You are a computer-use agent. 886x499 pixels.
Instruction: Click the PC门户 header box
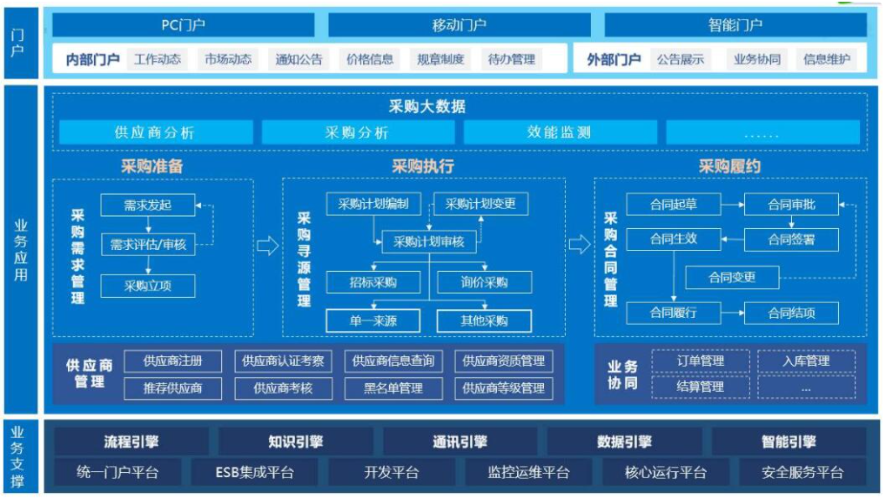click(x=183, y=25)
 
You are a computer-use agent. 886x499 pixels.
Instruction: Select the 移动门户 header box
click(x=459, y=25)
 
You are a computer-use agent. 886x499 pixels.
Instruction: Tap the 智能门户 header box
click(x=735, y=25)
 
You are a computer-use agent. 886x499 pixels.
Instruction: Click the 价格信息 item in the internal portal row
click(x=370, y=59)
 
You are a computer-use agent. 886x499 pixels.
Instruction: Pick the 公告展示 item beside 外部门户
click(x=681, y=59)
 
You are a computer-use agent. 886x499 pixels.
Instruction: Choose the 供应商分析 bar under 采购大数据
click(x=156, y=132)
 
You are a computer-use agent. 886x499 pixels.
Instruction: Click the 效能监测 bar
click(x=560, y=132)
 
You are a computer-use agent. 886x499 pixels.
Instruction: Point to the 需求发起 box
click(x=148, y=206)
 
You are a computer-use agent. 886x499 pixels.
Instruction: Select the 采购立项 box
click(x=148, y=286)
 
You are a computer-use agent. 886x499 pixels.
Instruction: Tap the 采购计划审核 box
click(x=429, y=242)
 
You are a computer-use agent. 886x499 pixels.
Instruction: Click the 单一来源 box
click(x=373, y=321)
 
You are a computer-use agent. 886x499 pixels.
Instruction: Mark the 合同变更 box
click(x=732, y=278)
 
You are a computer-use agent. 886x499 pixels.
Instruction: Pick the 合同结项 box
click(x=791, y=314)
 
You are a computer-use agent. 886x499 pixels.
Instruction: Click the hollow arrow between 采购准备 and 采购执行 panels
click(x=268, y=246)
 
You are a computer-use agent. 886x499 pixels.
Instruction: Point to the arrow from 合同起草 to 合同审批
click(x=732, y=205)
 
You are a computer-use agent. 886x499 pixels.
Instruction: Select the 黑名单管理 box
click(x=393, y=388)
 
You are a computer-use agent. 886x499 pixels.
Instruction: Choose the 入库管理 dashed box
click(x=806, y=361)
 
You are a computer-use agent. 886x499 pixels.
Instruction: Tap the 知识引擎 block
click(x=296, y=442)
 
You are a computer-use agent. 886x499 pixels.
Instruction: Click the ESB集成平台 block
click(x=255, y=472)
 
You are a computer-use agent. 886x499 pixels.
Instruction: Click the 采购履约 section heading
click(x=729, y=166)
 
